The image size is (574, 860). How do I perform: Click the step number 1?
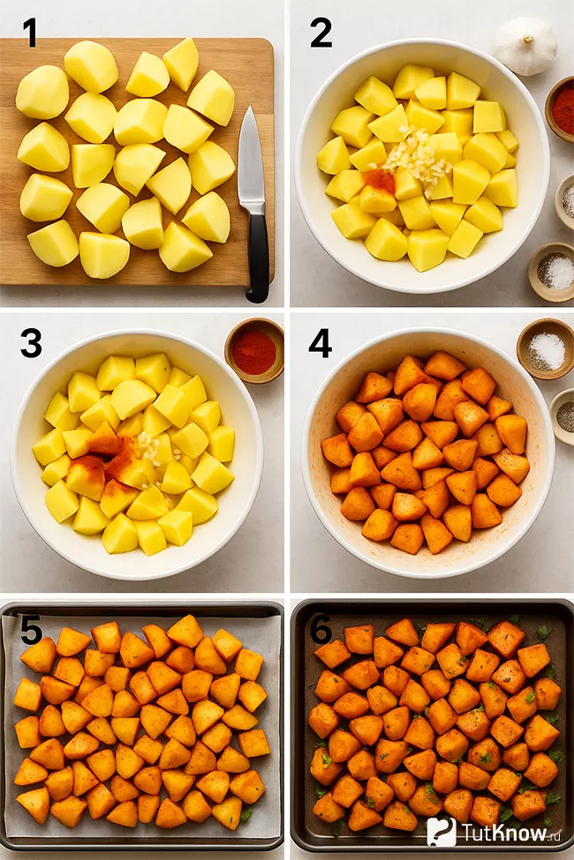click(x=29, y=32)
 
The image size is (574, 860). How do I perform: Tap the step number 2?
click(x=321, y=32)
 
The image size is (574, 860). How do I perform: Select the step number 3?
click(x=31, y=344)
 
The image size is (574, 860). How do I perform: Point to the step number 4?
click(x=320, y=344)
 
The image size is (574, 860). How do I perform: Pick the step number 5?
click(x=31, y=629)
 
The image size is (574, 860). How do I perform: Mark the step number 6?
click(x=321, y=629)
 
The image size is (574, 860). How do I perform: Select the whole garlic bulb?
click(x=525, y=45)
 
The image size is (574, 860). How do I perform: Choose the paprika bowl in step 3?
click(x=254, y=350)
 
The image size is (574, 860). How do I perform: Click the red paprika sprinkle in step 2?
click(x=380, y=181)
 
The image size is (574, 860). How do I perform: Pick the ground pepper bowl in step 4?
click(x=563, y=416)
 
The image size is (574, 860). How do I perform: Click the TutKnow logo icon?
click(x=441, y=832)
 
